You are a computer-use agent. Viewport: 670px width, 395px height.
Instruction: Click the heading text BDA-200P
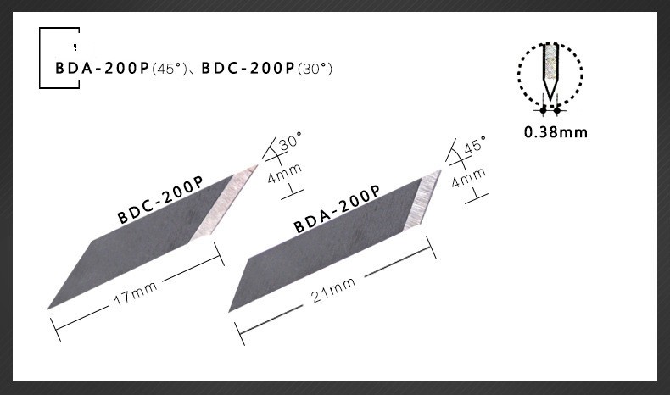click(x=101, y=67)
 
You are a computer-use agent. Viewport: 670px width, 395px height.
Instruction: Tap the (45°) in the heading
click(x=168, y=67)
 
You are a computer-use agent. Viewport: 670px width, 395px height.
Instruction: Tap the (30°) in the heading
click(x=313, y=67)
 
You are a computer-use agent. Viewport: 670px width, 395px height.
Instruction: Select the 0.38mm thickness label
click(x=556, y=132)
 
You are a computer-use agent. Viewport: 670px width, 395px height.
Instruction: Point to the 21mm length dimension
click(x=332, y=289)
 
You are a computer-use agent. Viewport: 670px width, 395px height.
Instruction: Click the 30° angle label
click(x=290, y=142)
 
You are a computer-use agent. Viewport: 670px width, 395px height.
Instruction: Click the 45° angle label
click(x=473, y=146)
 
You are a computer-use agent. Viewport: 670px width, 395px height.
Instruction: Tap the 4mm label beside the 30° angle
click(x=283, y=177)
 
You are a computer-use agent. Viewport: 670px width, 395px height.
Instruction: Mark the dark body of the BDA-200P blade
click(x=322, y=259)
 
